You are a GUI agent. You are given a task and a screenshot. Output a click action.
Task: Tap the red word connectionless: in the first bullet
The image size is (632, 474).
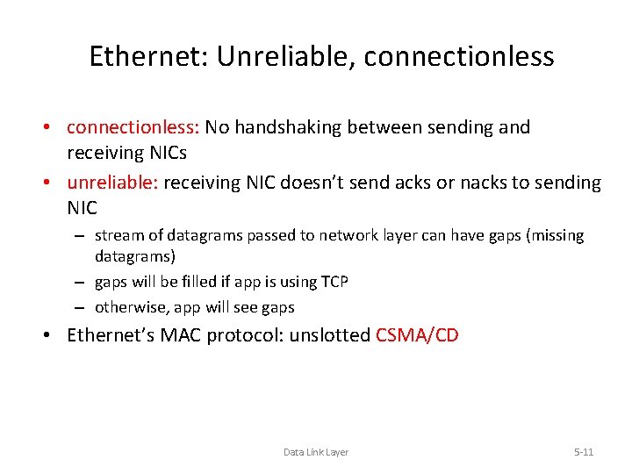tap(134, 127)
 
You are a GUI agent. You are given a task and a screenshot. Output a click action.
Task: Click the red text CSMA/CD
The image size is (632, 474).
tap(417, 335)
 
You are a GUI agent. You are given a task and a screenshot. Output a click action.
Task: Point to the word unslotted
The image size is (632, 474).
tap(330, 335)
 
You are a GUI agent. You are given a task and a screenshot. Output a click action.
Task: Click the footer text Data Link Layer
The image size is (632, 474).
tap(316, 452)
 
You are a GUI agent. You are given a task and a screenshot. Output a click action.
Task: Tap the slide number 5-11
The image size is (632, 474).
tap(584, 452)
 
